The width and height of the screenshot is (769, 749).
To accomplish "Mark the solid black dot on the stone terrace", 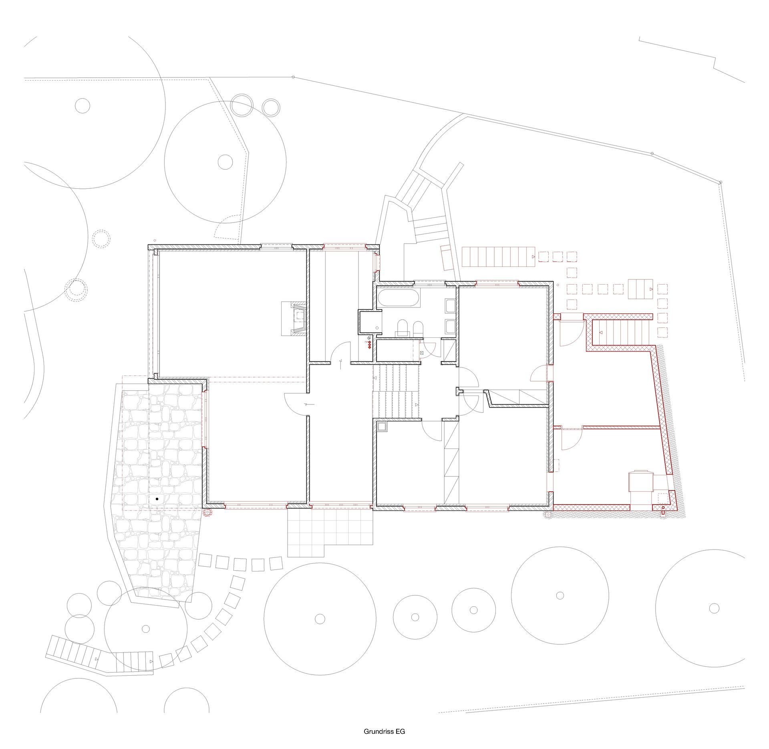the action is (157, 499).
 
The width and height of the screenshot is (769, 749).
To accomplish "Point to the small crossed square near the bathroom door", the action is (421, 353).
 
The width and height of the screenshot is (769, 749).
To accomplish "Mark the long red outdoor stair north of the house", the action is (499, 257).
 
